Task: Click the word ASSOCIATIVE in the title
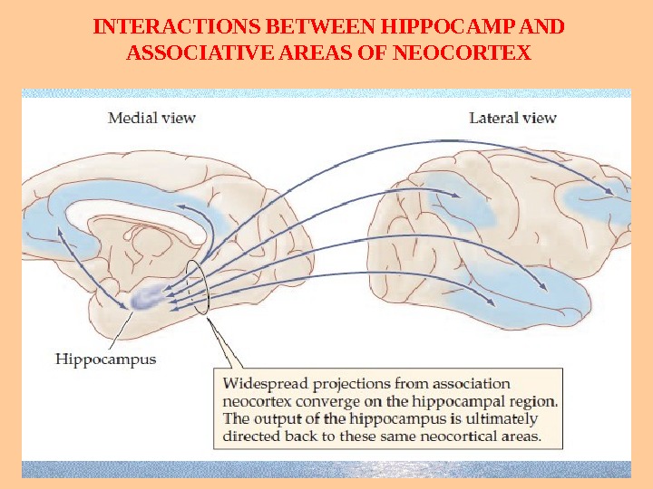tap(194, 52)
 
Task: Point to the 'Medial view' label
tap(151, 117)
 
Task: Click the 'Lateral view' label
tap(512, 117)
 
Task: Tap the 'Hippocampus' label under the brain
tap(105, 359)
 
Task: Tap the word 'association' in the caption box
tap(466, 383)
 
